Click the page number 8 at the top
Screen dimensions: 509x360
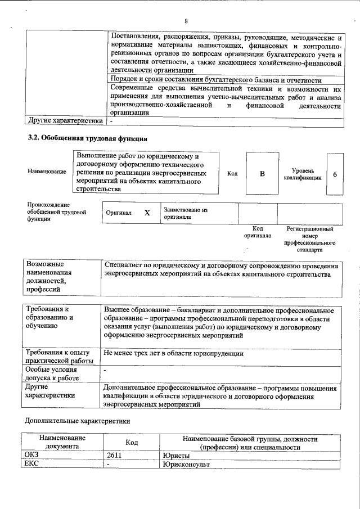(x=186, y=21)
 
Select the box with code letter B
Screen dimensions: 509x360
(x=262, y=174)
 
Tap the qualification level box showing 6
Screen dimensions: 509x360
(x=335, y=174)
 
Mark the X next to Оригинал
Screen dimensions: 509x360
(x=147, y=214)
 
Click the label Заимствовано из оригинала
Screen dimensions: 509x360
(x=186, y=213)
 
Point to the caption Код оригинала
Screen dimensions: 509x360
(x=258, y=232)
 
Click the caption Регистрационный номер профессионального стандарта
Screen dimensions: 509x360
(x=310, y=239)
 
